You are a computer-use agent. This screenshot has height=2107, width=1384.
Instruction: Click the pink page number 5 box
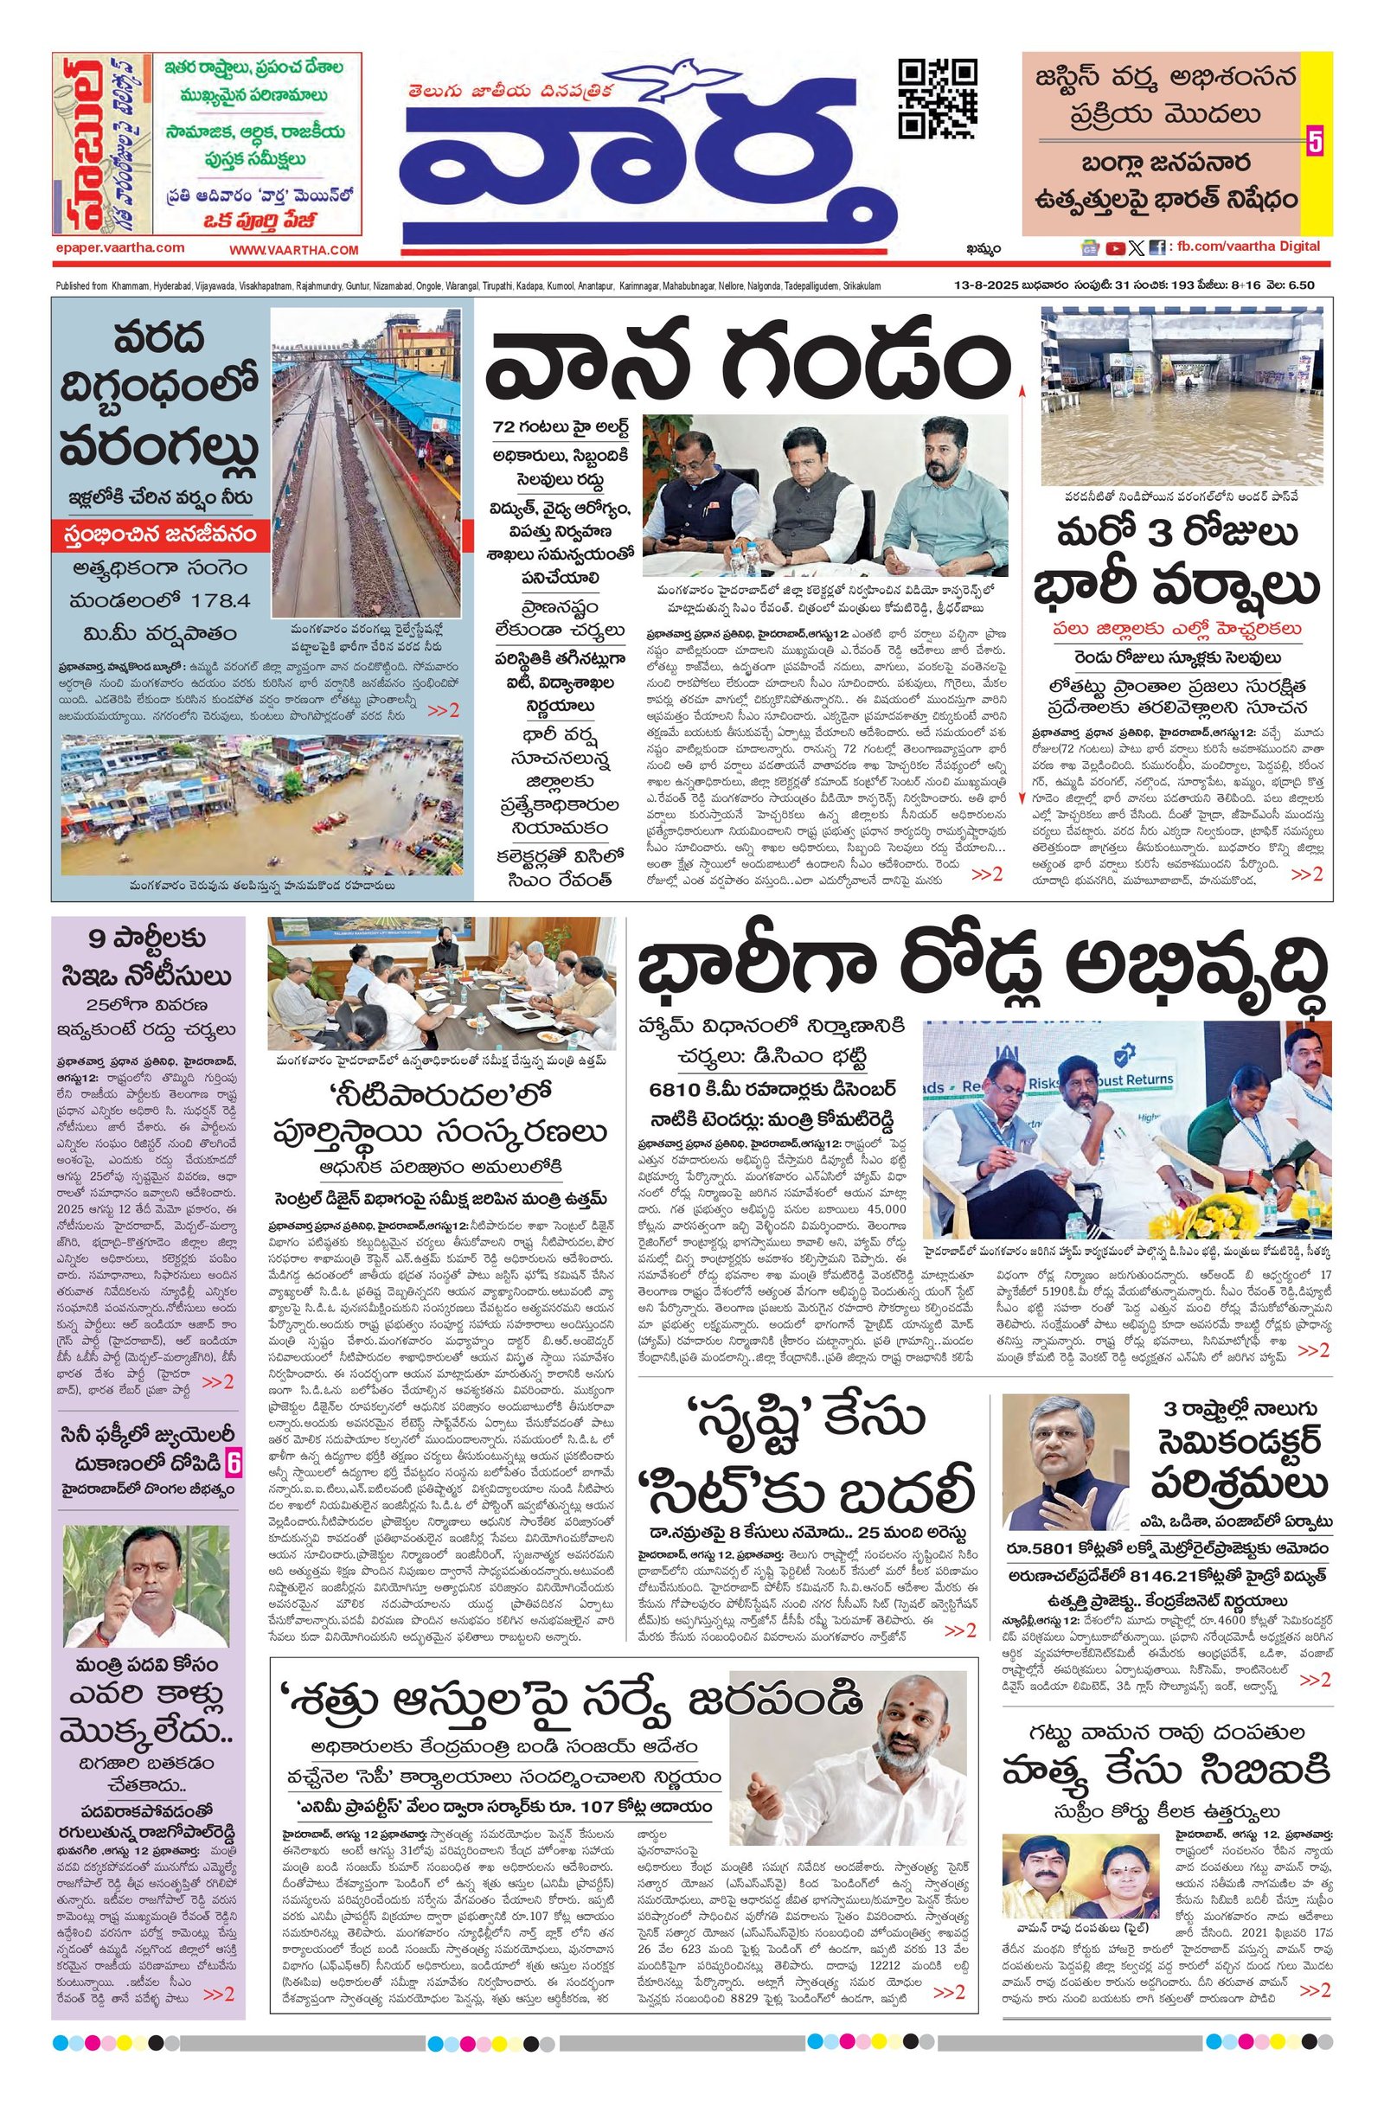[1315, 143]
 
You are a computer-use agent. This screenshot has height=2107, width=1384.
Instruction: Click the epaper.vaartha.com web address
[119, 249]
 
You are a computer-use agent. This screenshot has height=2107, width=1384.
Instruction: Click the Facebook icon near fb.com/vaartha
[1157, 248]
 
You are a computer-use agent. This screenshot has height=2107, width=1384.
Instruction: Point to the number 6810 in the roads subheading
[679, 1087]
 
